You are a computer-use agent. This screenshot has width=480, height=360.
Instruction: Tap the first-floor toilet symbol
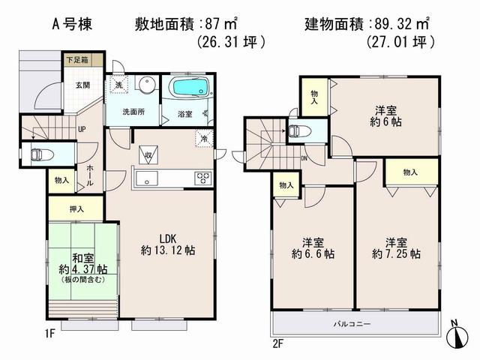click(37, 155)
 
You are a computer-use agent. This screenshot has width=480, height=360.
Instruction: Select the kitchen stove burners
click(203, 178)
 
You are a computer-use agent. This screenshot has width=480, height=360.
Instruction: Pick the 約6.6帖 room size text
click(313, 254)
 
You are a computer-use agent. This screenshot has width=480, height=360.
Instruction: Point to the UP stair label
click(81, 128)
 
